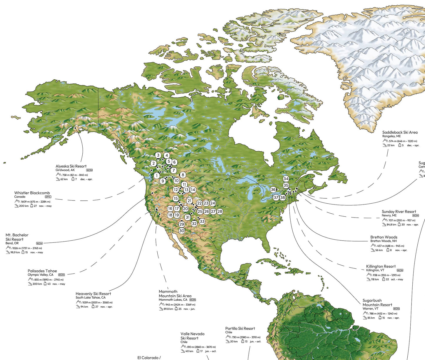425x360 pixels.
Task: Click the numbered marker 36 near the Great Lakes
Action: [273, 190]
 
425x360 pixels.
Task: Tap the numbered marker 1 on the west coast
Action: [157, 175]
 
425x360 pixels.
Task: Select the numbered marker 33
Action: [202, 221]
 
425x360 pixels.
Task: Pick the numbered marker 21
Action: [189, 201]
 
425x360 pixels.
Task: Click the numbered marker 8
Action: [183, 175]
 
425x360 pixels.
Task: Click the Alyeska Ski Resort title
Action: [71, 166]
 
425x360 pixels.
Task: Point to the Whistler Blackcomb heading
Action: [32, 193]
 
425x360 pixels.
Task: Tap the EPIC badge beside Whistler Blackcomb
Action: [48, 197]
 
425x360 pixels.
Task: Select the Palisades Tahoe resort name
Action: [42, 271]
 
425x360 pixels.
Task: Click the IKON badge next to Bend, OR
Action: [39, 243]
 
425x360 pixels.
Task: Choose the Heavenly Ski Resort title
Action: [93, 294]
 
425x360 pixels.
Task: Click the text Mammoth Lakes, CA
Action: [173, 300]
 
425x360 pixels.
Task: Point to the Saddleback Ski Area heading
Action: [400, 132]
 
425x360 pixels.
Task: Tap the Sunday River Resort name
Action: [399, 212]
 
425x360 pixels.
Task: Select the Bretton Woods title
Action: [384, 237]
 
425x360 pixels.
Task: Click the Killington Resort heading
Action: [381, 266]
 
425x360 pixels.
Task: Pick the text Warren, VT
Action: [370, 309]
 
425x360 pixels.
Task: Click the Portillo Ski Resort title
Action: [240, 329]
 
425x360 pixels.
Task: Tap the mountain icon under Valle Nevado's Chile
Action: [184, 347]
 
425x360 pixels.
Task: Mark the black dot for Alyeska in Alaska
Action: [75, 128]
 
